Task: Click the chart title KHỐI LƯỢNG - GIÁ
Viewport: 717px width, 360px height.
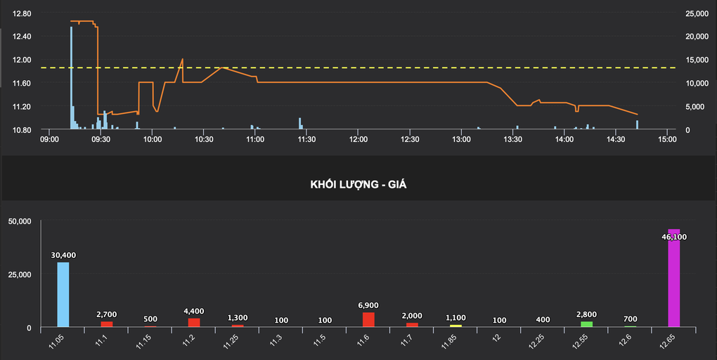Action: pos(358,184)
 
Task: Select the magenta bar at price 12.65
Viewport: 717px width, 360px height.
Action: pos(673,281)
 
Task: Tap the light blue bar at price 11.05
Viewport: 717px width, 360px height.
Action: pos(63,295)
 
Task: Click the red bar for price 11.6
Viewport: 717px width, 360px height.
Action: pos(368,319)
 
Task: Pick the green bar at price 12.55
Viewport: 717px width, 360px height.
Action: pos(586,324)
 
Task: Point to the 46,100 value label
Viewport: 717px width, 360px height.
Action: pos(674,237)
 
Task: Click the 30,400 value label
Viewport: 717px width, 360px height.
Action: pos(63,255)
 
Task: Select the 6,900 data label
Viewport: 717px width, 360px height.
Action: pos(368,305)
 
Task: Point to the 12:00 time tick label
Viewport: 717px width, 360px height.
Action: pos(358,140)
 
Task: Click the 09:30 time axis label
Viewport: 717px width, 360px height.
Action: pos(101,140)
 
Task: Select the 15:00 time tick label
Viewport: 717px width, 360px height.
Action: pos(667,140)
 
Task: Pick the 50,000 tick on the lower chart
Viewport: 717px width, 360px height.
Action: pos(20,221)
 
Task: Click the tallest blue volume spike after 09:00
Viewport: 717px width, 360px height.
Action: pos(71,77)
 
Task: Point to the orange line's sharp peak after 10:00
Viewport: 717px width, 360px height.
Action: pos(182,59)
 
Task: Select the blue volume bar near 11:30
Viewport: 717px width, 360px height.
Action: pos(299,123)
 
